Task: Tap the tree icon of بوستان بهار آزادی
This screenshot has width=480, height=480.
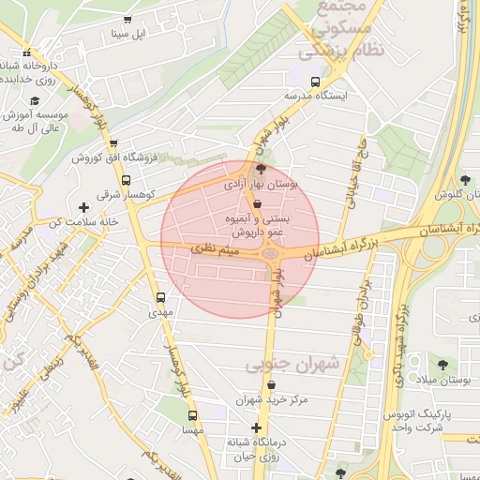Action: pos(261,170)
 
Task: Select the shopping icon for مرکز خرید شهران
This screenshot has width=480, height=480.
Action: pos(272,384)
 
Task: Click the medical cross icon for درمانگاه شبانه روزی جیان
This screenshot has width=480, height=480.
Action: pos(256,427)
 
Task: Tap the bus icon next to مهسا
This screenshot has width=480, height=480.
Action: pos(192,415)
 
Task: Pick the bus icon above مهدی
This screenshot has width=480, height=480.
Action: pos(159,298)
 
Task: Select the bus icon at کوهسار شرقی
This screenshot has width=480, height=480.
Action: pos(126,180)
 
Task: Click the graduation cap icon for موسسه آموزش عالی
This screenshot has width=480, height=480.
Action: pos(36,100)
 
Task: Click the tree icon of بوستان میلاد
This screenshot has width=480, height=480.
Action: pos(442,364)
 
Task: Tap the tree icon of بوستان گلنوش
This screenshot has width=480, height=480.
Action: pos(466,178)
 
